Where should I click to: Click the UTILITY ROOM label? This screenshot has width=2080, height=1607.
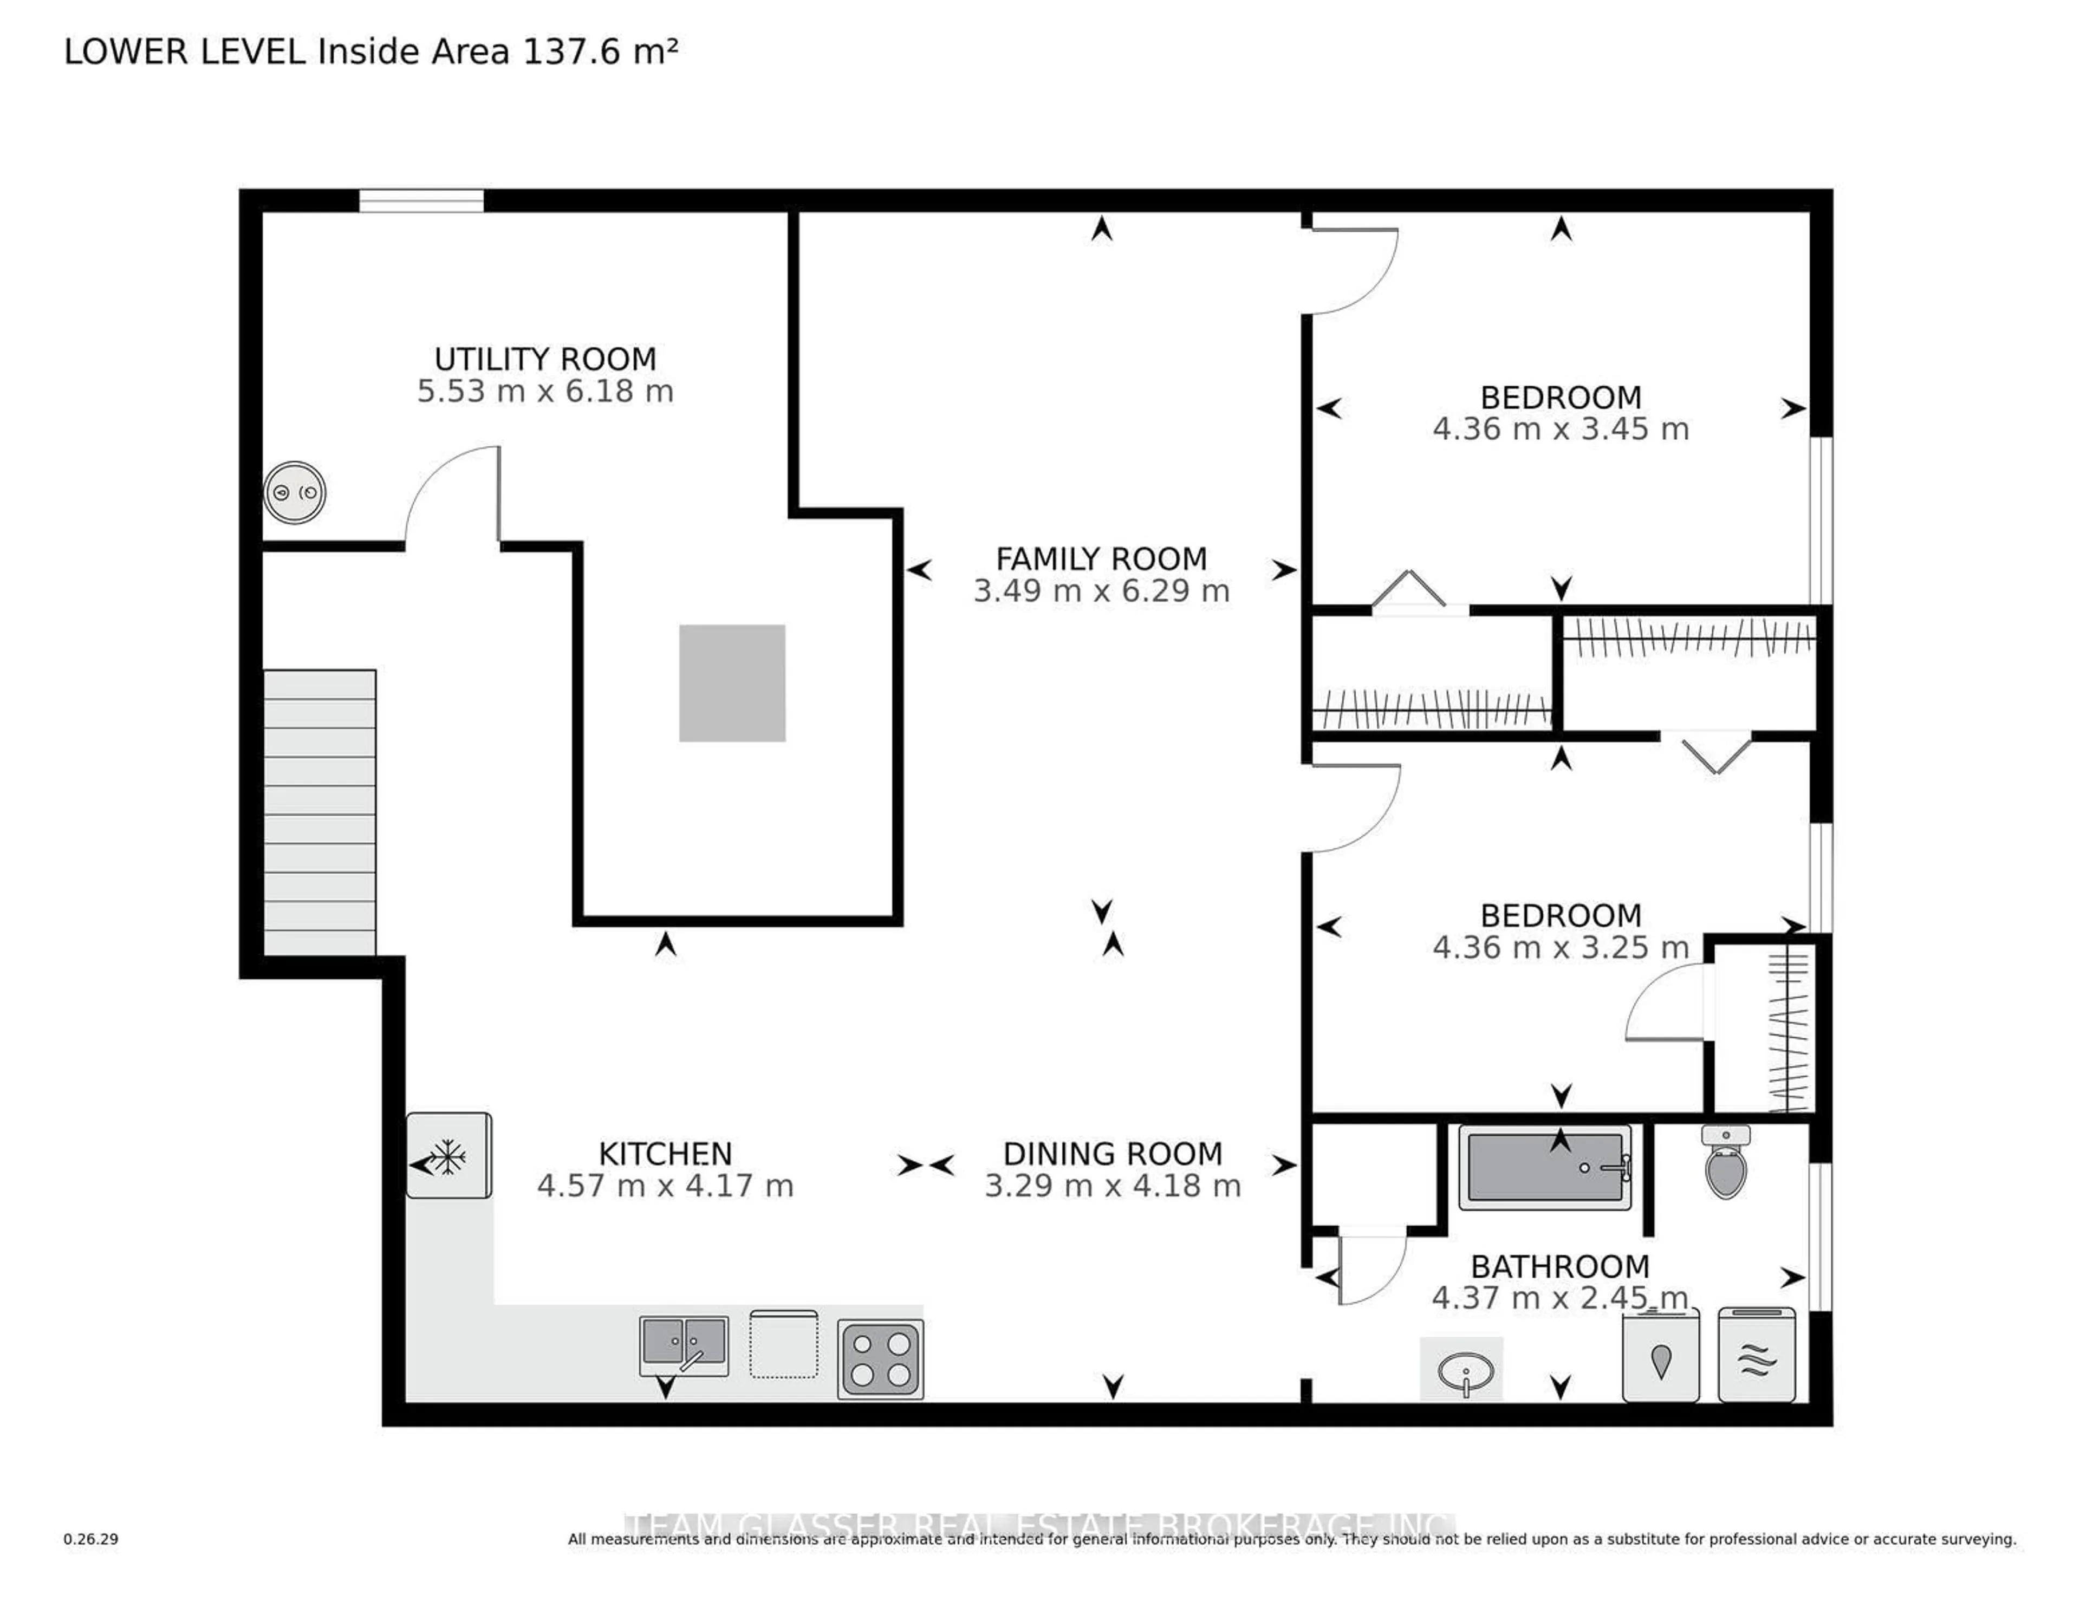pyautogui.click(x=545, y=359)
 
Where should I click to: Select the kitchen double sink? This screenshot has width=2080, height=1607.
pyautogui.click(x=684, y=1344)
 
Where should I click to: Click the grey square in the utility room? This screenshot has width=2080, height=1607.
pyautogui.click(x=731, y=683)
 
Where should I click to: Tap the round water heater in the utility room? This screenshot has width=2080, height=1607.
pyautogui.click(x=294, y=492)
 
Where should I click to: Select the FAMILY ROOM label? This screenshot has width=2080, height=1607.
pyautogui.click(x=1101, y=558)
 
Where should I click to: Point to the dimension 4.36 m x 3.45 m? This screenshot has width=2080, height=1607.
pyautogui.click(x=1560, y=430)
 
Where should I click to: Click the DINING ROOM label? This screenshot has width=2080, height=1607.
pyautogui.click(x=1113, y=1154)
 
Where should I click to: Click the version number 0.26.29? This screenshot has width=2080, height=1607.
pyautogui.click(x=90, y=1538)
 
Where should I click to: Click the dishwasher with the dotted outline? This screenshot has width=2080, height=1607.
pyautogui.click(x=783, y=1344)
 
